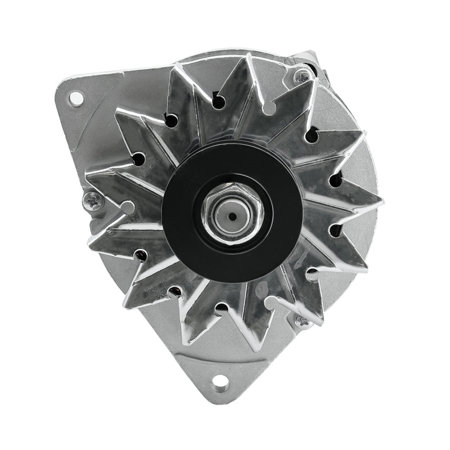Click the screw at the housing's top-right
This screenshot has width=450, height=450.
tap(303, 73)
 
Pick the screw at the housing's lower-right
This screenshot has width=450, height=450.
tap(302, 322)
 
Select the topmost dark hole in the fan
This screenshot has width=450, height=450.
tap(219, 101)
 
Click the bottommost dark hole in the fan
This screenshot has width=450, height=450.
tap(222, 308)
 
